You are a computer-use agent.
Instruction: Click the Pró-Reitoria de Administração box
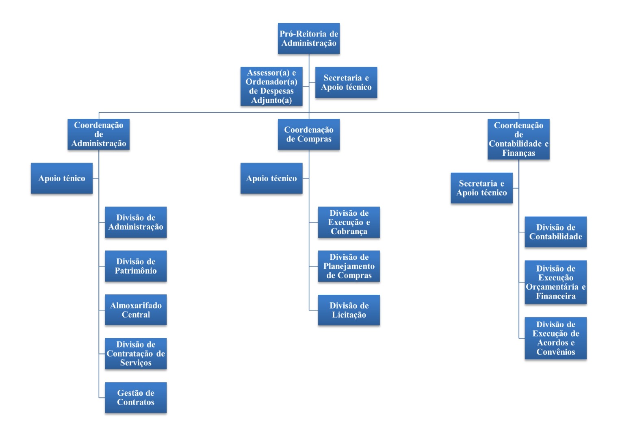tap(309, 39)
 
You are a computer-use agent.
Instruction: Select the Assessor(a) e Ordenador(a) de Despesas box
tap(271, 86)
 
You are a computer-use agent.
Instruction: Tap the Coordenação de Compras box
tap(309, 134)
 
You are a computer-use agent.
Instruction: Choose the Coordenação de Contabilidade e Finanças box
tap(518, 139)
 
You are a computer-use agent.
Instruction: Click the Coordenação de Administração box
tap(98, 134)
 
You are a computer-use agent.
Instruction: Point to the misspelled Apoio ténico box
tap(62, 178)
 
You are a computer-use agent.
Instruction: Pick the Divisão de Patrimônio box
tap(136, 266)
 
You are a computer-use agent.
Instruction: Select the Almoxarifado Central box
tap(136, 310)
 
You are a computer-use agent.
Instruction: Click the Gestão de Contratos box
tap(136, 398)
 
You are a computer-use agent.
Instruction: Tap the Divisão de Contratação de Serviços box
tap(136, 354)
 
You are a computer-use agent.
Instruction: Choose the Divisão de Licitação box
tap(349, 310)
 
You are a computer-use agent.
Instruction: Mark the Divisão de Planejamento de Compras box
tap(349, 266)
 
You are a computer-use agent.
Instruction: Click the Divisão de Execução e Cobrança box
tap(349, 222)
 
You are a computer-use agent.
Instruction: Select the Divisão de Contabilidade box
tap(555, 232)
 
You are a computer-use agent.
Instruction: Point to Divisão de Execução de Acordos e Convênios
tap(555, 338)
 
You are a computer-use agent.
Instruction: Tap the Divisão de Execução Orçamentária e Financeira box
tap(555, 282)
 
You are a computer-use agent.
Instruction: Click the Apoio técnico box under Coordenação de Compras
tap(271, 178)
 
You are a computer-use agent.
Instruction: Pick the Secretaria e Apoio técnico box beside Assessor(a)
tap(346, 83)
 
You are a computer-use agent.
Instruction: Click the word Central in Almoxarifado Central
tap(136, 315)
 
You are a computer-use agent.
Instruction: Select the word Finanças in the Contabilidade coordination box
tap(518, 153)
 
